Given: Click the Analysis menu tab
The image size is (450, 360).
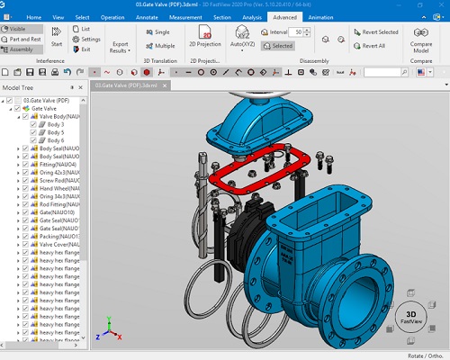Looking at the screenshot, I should [252, 16].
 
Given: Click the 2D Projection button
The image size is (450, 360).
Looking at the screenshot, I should [205, 38].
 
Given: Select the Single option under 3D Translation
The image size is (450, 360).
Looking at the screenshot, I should [160, 31].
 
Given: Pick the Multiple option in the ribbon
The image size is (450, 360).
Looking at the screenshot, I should [160, 45].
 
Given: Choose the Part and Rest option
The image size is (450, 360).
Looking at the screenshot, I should [24, 40].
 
